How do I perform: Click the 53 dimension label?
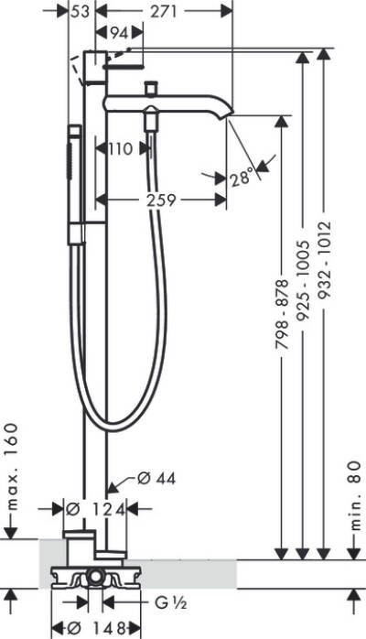(x=81, y=11)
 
